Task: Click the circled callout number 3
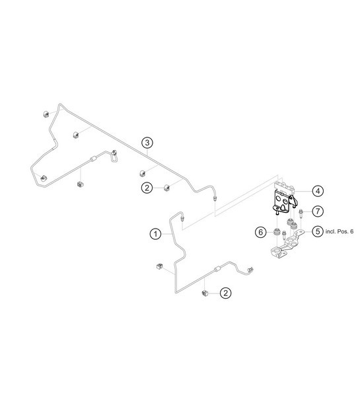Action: [148, 143]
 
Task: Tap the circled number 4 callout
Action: [318, 190]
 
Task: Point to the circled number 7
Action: [318, 211]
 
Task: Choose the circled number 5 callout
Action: [318, 232]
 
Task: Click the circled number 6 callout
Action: [262, 232]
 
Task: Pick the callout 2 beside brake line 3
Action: [148, 188]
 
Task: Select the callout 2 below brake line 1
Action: [225, 292]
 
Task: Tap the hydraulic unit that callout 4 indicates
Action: [284, 195]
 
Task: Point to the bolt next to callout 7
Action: [301, 212]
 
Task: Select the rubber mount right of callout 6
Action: [274, 232]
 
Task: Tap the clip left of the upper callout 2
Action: [168, 188]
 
